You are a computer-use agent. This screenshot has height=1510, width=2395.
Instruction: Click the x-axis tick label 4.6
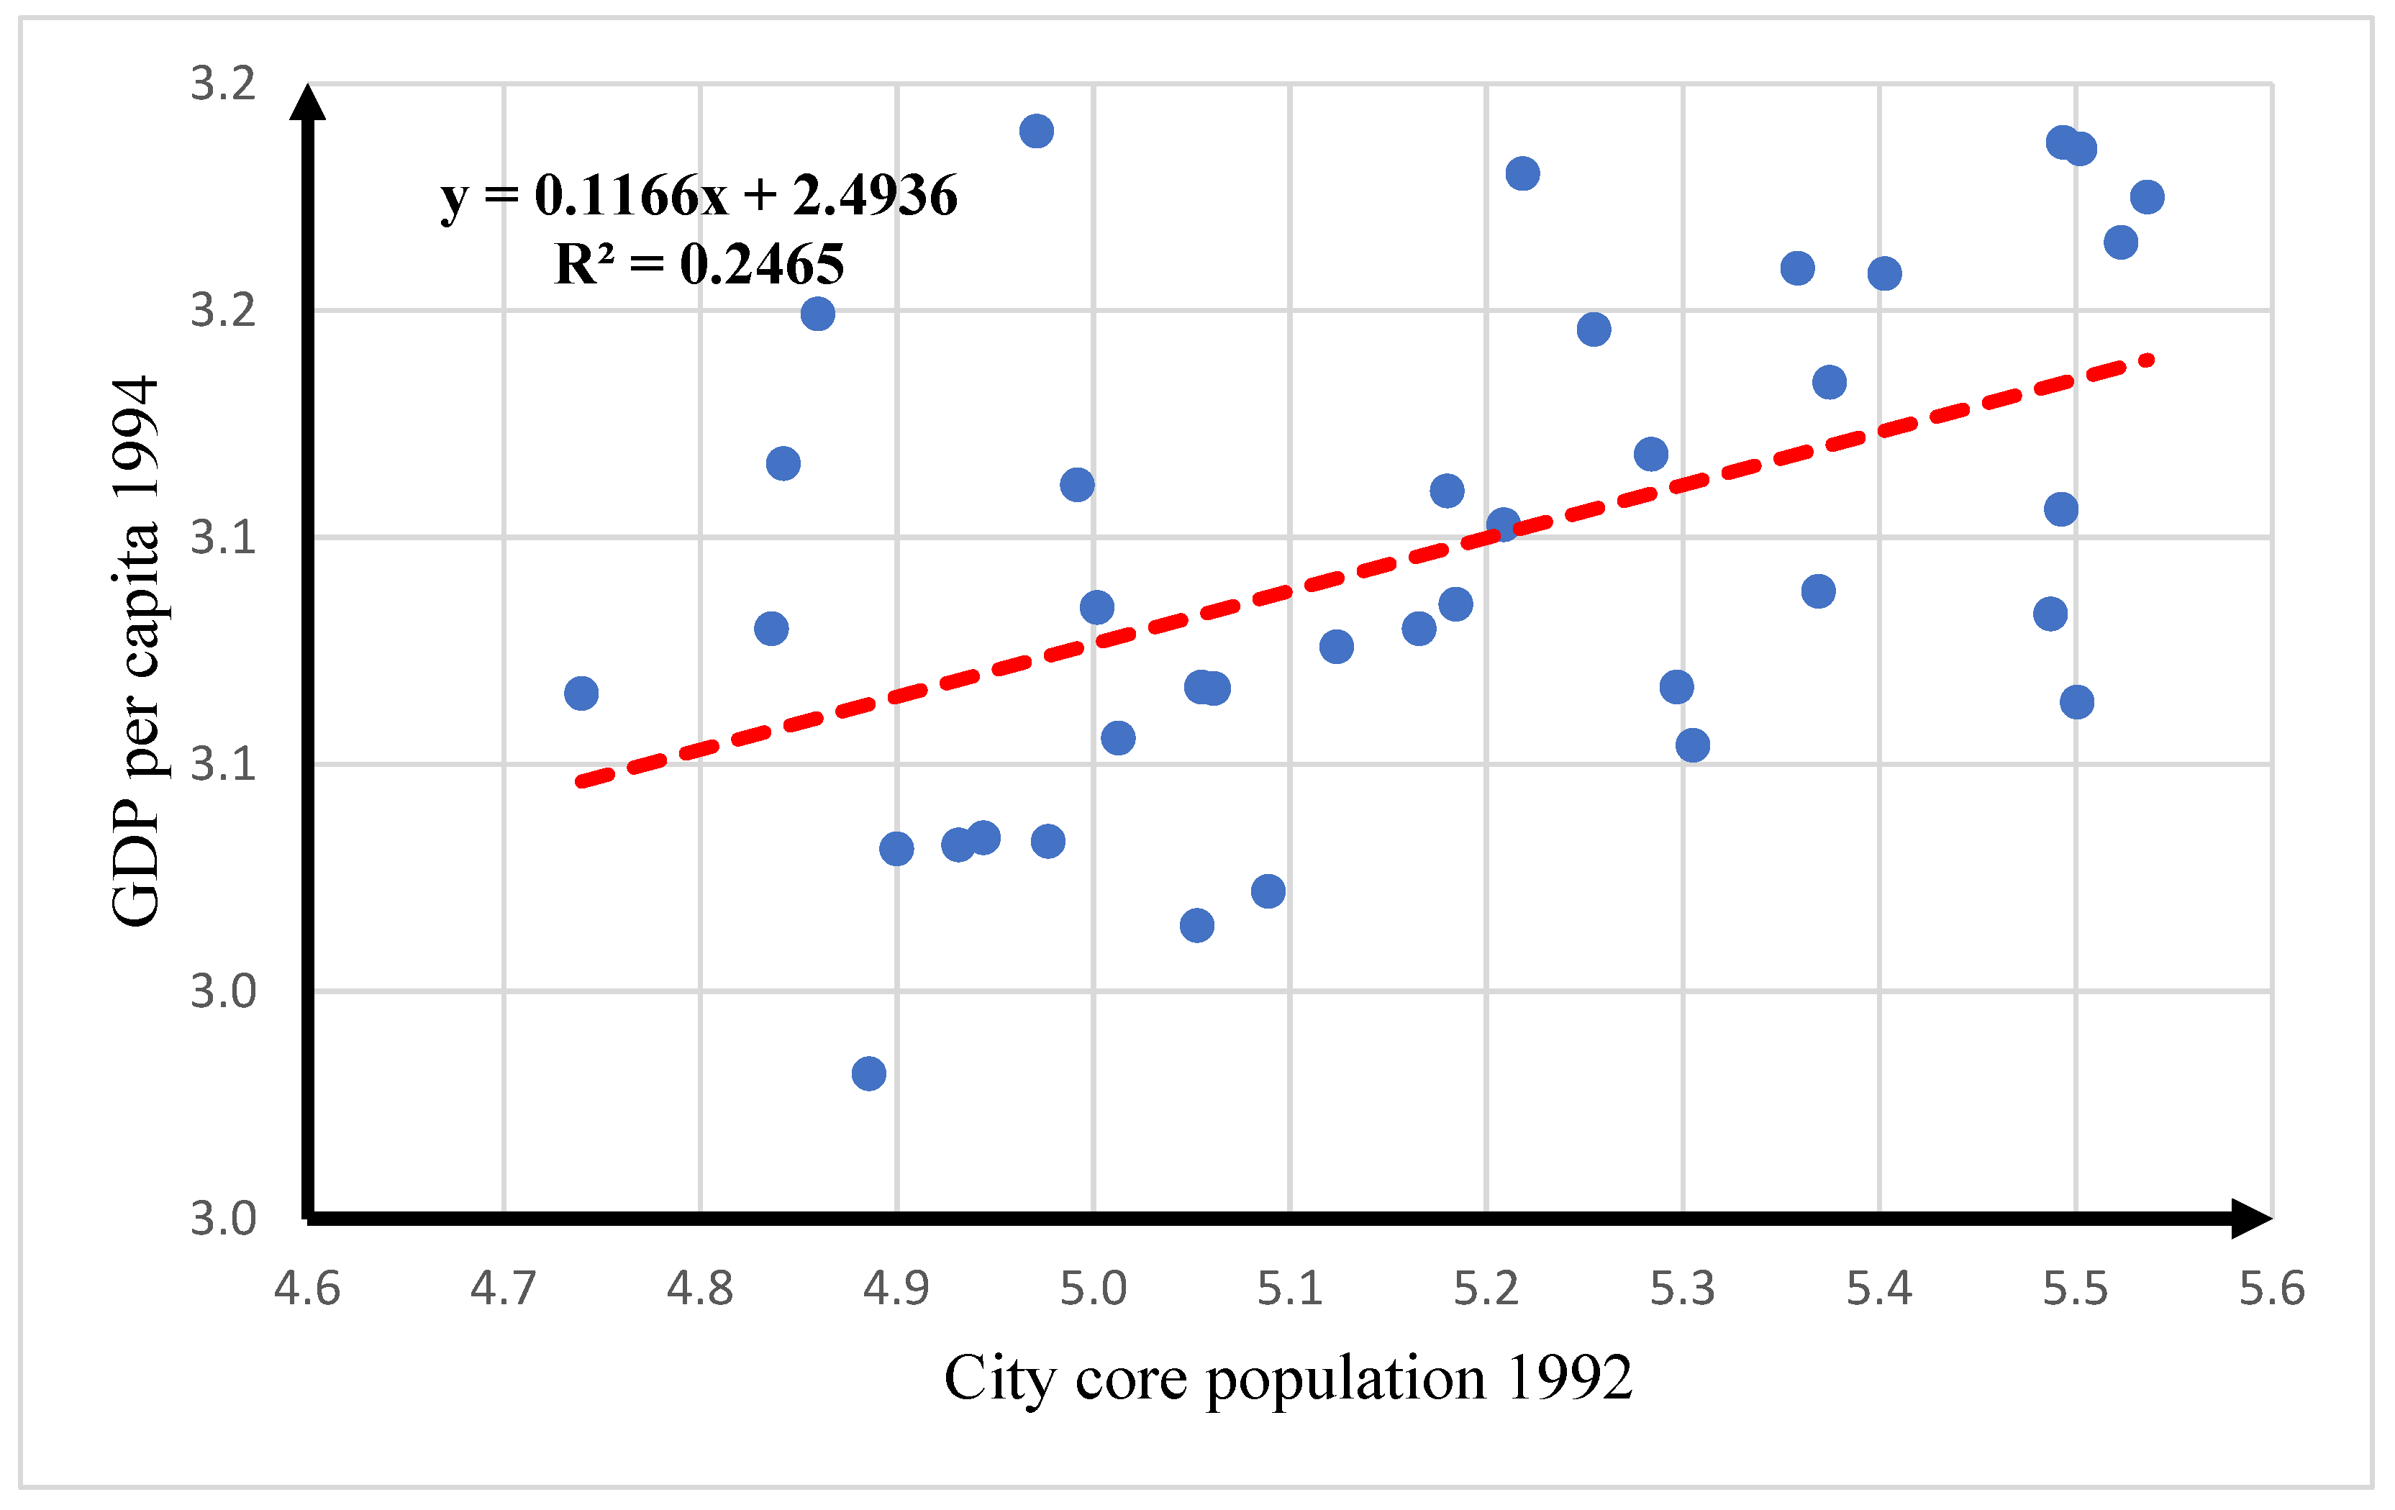(306, 1288)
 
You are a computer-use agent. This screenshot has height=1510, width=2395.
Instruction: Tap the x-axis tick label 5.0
(1093, 1288)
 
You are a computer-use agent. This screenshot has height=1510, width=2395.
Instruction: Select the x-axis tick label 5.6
(2272, 1288)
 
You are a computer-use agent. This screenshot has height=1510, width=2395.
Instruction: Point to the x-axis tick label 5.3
(1683, 1288)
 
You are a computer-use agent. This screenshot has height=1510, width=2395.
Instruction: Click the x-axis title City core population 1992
(1288, 1378)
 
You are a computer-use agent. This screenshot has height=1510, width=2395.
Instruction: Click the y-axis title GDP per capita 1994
(135, 652)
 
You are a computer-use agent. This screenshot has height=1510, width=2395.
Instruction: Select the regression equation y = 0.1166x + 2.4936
(699, 194)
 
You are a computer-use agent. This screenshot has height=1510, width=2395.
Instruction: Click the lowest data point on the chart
(868, 1073)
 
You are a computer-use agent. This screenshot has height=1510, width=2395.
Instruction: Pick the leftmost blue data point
(581, 693)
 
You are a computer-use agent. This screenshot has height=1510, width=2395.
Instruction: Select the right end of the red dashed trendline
(2150, 359)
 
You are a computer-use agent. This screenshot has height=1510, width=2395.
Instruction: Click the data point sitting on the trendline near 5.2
(1503, 524)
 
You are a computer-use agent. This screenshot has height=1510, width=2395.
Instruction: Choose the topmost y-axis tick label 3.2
(223, 83)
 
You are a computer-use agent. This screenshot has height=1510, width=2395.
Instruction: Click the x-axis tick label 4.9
(896, 1288)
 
